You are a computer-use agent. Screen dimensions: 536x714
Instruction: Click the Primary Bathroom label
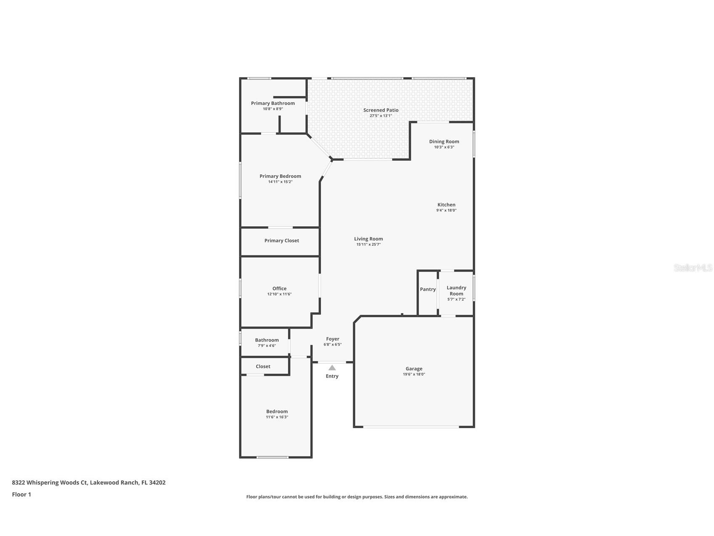[x=273, y=103]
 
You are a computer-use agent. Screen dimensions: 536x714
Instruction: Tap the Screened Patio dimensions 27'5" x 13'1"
[x=381, y=116]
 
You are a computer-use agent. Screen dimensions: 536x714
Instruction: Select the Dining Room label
[x=444, y=142]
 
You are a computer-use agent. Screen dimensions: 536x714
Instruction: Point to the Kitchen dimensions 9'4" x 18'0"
[x=446, y=210]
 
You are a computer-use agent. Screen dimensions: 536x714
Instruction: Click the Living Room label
[x=368, y=239]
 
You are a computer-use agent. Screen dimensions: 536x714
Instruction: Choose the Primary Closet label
[x=281, y=241]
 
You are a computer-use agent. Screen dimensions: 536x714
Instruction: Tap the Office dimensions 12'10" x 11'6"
[x=279, y=294]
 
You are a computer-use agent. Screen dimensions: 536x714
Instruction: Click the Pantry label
[x=427, y=289]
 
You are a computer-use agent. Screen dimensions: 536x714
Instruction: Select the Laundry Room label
[x=456, y=291]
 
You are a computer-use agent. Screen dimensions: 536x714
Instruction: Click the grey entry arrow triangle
[x=332, y=368]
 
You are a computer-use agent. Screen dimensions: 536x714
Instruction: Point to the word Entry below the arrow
[x=332, y=376]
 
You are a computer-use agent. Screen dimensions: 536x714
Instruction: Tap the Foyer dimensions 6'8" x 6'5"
[x=332, y=345]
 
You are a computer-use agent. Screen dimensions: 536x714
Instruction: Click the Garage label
[x=414, y=369]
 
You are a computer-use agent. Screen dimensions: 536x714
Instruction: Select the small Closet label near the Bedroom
[x=263, y=367]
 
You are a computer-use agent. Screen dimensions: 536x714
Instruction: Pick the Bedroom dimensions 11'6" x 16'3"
[x=277, y=417]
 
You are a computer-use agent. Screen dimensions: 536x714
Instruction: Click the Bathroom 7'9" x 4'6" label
[x=267, y=340]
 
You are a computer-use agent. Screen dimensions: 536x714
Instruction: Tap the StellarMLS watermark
[x=693, y=268]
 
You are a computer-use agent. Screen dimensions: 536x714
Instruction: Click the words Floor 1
[x=21, y=495]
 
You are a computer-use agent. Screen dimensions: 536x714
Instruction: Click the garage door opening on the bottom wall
[x=411, y=427]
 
